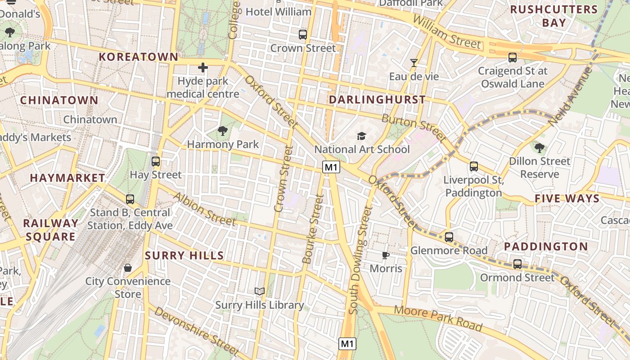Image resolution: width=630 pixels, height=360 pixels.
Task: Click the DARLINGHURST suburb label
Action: point(377,99)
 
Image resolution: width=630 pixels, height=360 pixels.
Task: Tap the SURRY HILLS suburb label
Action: point(184,256)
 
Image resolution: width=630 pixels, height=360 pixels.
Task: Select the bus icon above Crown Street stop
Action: point(303,34)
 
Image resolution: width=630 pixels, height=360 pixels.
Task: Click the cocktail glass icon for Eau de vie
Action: point(414,63)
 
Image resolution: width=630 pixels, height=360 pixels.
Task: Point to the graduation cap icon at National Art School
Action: point(361,136)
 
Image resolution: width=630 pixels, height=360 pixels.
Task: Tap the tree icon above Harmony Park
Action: point(222,131)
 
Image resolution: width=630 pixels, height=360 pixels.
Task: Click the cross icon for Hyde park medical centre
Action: point(203,68)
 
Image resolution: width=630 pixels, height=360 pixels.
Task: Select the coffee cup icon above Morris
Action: point(386,255)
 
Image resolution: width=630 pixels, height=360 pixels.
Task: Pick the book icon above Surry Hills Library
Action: point(259,291)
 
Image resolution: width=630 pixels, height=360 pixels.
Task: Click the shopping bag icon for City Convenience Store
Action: point(128,268)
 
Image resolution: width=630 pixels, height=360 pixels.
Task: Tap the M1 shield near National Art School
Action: point(331,167)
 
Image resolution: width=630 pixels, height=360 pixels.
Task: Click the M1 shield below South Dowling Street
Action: point(347,344)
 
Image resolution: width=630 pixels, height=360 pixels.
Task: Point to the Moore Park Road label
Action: point(438,318)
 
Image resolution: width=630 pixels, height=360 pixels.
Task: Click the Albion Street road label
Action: point(204,209)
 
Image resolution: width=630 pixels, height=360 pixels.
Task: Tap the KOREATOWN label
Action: point(139,57)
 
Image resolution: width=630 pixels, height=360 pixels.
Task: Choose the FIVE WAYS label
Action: point(567,198)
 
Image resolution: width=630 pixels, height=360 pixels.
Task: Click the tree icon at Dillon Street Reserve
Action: point(539,148)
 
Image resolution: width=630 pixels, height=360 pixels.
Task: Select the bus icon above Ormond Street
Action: point(517,264)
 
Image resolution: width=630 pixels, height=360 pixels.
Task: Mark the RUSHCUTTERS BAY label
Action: point(554,16)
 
